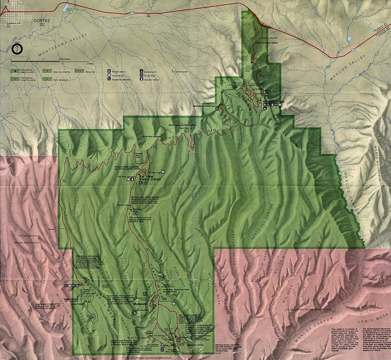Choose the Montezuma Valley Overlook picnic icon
tap(217, 109)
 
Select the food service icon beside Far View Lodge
tap(163, 172)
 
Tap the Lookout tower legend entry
tap(181, 72)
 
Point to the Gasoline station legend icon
tap(141, 80)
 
